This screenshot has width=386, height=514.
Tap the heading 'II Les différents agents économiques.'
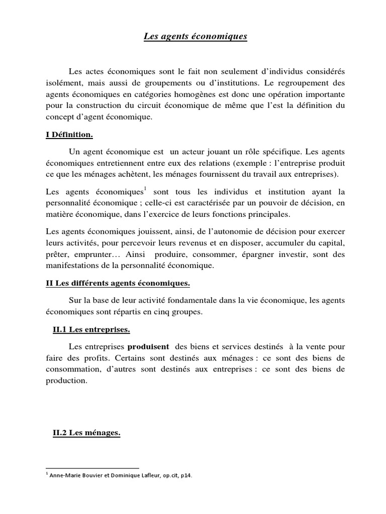[118, 284]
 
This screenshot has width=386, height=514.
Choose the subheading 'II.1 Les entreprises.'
[91, 330]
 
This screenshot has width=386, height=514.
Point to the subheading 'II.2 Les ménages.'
[86, 433]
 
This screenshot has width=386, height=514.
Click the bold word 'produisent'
[149, 347]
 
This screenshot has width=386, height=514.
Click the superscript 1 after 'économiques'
[145, 189]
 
